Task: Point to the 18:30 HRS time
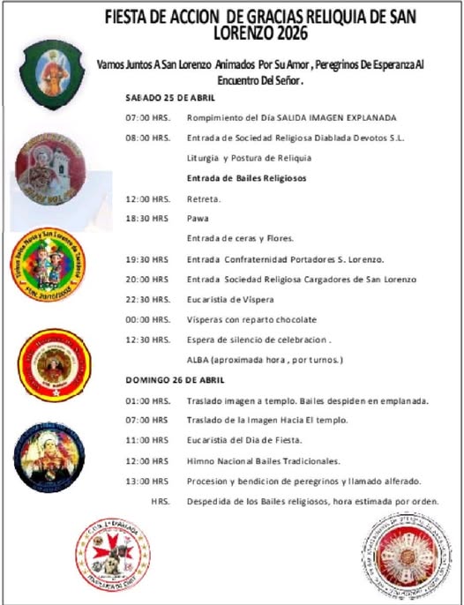pyautogui.click(x=148, y=218)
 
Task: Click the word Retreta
pyautogui.click(x=204, y=198)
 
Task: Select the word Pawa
pyautogui.click(x=198, y=218)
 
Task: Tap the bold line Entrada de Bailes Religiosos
pyautogui.click(x=246, y=178)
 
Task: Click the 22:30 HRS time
pyautogui.click(x=148, y=299)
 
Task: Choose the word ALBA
pyautogui.click(x=199, y=360)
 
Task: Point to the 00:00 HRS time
pyautogui.click(x=148, y=319)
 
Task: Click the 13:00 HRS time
pyautogui.click(x=147, y=481)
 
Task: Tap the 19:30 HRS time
pyautogui.click(x=147, y=259)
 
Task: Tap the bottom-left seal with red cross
pyautogui.click(x=112, y=553)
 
